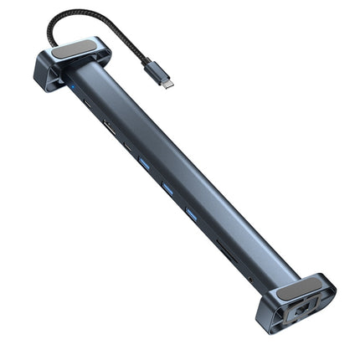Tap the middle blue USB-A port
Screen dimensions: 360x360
pyautogui.click(x=168, y=190)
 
